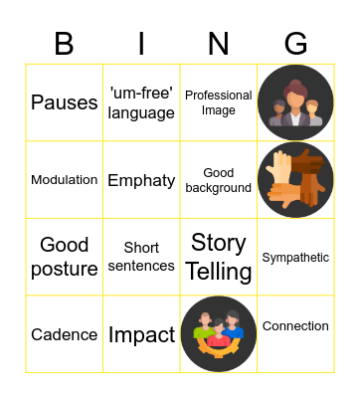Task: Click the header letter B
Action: click(64, 44)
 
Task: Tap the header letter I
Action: click(141, 44)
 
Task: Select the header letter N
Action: click(219, 44)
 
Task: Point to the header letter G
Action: click(295, 44)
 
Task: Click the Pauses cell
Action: click(64, 102)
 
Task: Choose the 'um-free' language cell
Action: click(141, 102)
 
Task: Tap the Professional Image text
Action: click(219, 102)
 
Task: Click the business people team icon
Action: click(295, 102)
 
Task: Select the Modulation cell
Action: click(64, 180)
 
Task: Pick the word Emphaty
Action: click(141, 180)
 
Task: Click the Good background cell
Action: click(219, 180)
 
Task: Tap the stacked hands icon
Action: click(295, 180)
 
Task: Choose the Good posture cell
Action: click(64, 257)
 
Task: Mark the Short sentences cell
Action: click(141, 257)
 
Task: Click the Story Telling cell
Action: click(219, 257)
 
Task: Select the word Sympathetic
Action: click(295, 258)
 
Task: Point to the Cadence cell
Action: click(64, 334)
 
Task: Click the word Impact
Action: click(141, 334)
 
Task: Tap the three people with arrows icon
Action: click(219, 334)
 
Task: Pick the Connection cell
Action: click(295, 326)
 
